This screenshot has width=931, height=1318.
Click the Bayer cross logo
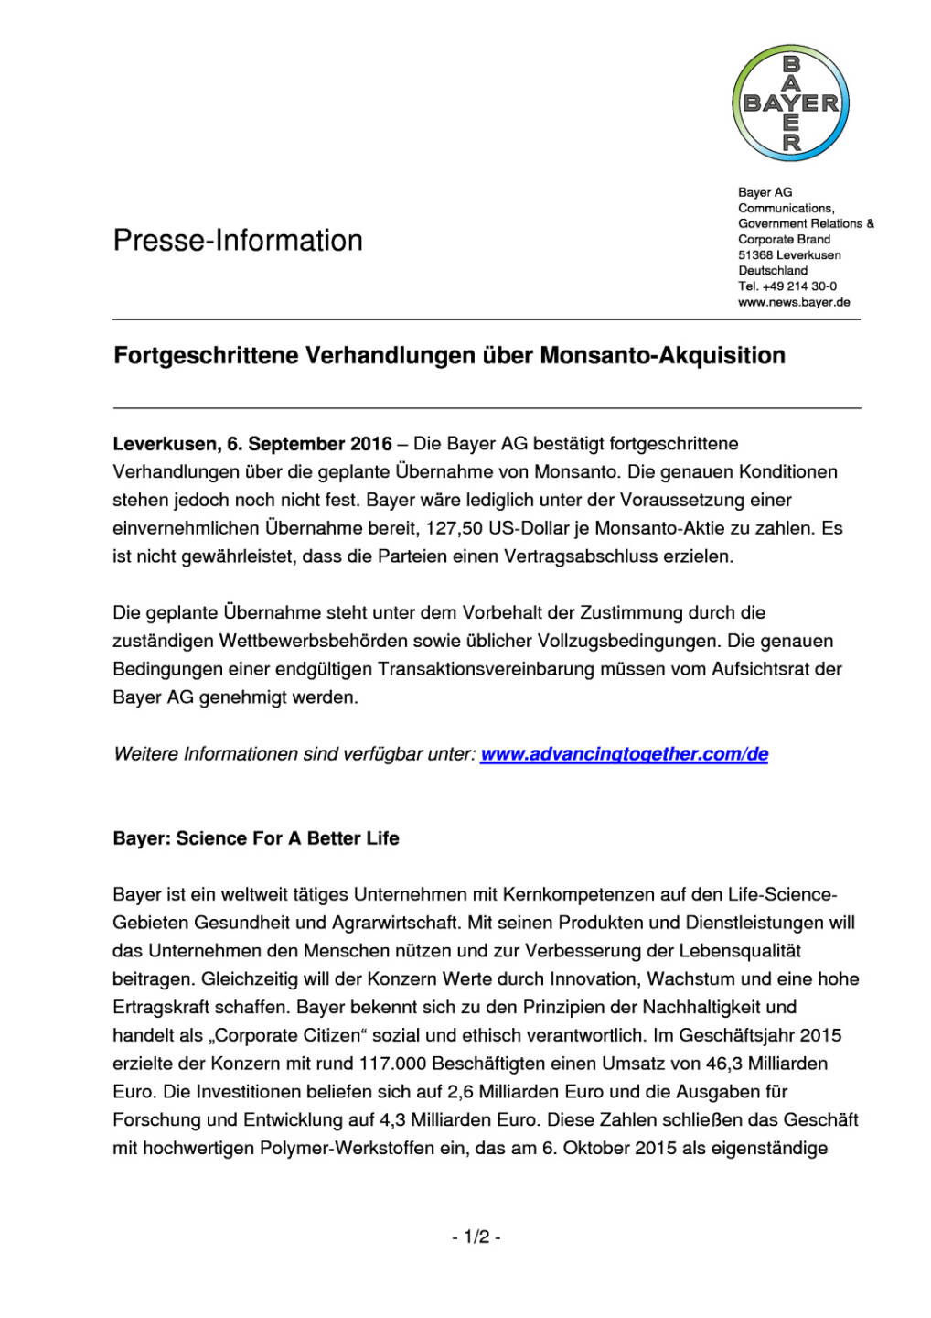tap(791, 103)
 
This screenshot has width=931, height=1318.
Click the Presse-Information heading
tap(238, 241)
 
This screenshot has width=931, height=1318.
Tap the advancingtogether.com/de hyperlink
tap(624, 754)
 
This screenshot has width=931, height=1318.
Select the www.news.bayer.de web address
tap(794, 302)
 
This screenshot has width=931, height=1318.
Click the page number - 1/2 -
tap(476, 1237)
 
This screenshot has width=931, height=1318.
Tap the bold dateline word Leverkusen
tap(163, 444)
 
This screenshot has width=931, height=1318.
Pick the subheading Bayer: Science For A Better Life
tap(256, 838)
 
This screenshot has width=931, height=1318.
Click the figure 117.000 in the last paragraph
tap(392, 1064)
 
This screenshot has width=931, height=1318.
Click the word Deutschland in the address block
tap(773, 271)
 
